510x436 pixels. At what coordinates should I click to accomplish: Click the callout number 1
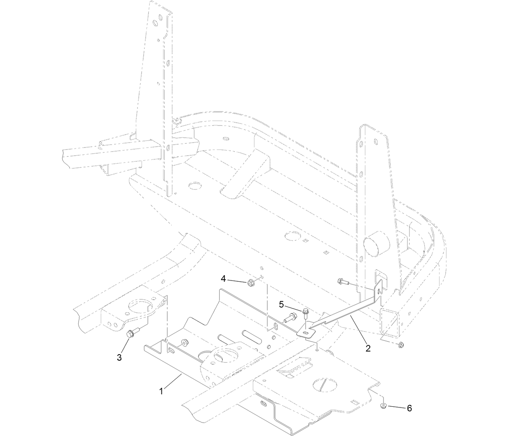pos(161,391)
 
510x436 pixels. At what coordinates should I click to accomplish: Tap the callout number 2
pos(368,348)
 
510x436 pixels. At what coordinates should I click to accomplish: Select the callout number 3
pos(119,358)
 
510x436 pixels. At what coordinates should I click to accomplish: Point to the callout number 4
pos(223,278)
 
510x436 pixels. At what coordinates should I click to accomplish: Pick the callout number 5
pos(282,305)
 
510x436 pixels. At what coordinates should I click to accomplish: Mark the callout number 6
pos(409,408)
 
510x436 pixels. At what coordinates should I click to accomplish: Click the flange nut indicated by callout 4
pos(250,283)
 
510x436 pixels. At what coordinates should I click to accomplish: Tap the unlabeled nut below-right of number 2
pos(401,345)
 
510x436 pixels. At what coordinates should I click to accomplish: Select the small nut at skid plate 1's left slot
pos(184,343)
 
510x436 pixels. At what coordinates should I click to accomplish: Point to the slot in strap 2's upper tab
pos(380,291)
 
